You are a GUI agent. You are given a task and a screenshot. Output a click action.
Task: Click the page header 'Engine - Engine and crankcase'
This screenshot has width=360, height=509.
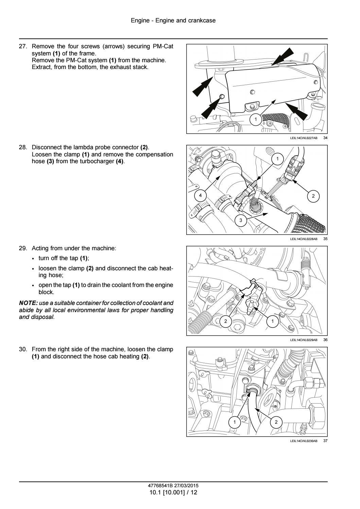(x=173, y=21)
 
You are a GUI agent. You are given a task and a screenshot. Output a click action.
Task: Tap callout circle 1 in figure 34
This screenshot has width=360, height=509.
(x=256, y=119)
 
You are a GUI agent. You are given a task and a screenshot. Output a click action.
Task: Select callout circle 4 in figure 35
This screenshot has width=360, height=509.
(x=201, y=195)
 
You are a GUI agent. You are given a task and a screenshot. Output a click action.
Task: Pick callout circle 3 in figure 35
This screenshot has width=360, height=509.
(x=241, y=220)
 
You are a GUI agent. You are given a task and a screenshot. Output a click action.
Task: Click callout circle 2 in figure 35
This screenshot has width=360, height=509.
(x=313, y=196)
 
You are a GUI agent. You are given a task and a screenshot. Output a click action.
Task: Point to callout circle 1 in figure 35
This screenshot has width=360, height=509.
(x=277, y=159)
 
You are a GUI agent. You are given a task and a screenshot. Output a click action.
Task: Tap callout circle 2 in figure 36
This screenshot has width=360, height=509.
(x=226, y=321)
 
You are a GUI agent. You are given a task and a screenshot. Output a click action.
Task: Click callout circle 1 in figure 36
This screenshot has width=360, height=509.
(x=272, y=321)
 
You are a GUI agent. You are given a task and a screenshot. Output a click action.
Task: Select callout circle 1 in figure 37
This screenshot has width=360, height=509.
(x=234, y=422)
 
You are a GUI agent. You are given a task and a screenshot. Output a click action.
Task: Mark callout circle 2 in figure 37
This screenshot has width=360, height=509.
(x=276, y=422)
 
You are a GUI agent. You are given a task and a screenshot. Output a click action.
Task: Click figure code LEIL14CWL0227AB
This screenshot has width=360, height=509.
(x=304, y=138)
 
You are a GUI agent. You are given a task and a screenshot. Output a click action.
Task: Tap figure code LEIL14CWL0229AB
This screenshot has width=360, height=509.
(x=304, y=340)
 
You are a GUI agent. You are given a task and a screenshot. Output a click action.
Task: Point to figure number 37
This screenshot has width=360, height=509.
(x=325, y=441)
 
